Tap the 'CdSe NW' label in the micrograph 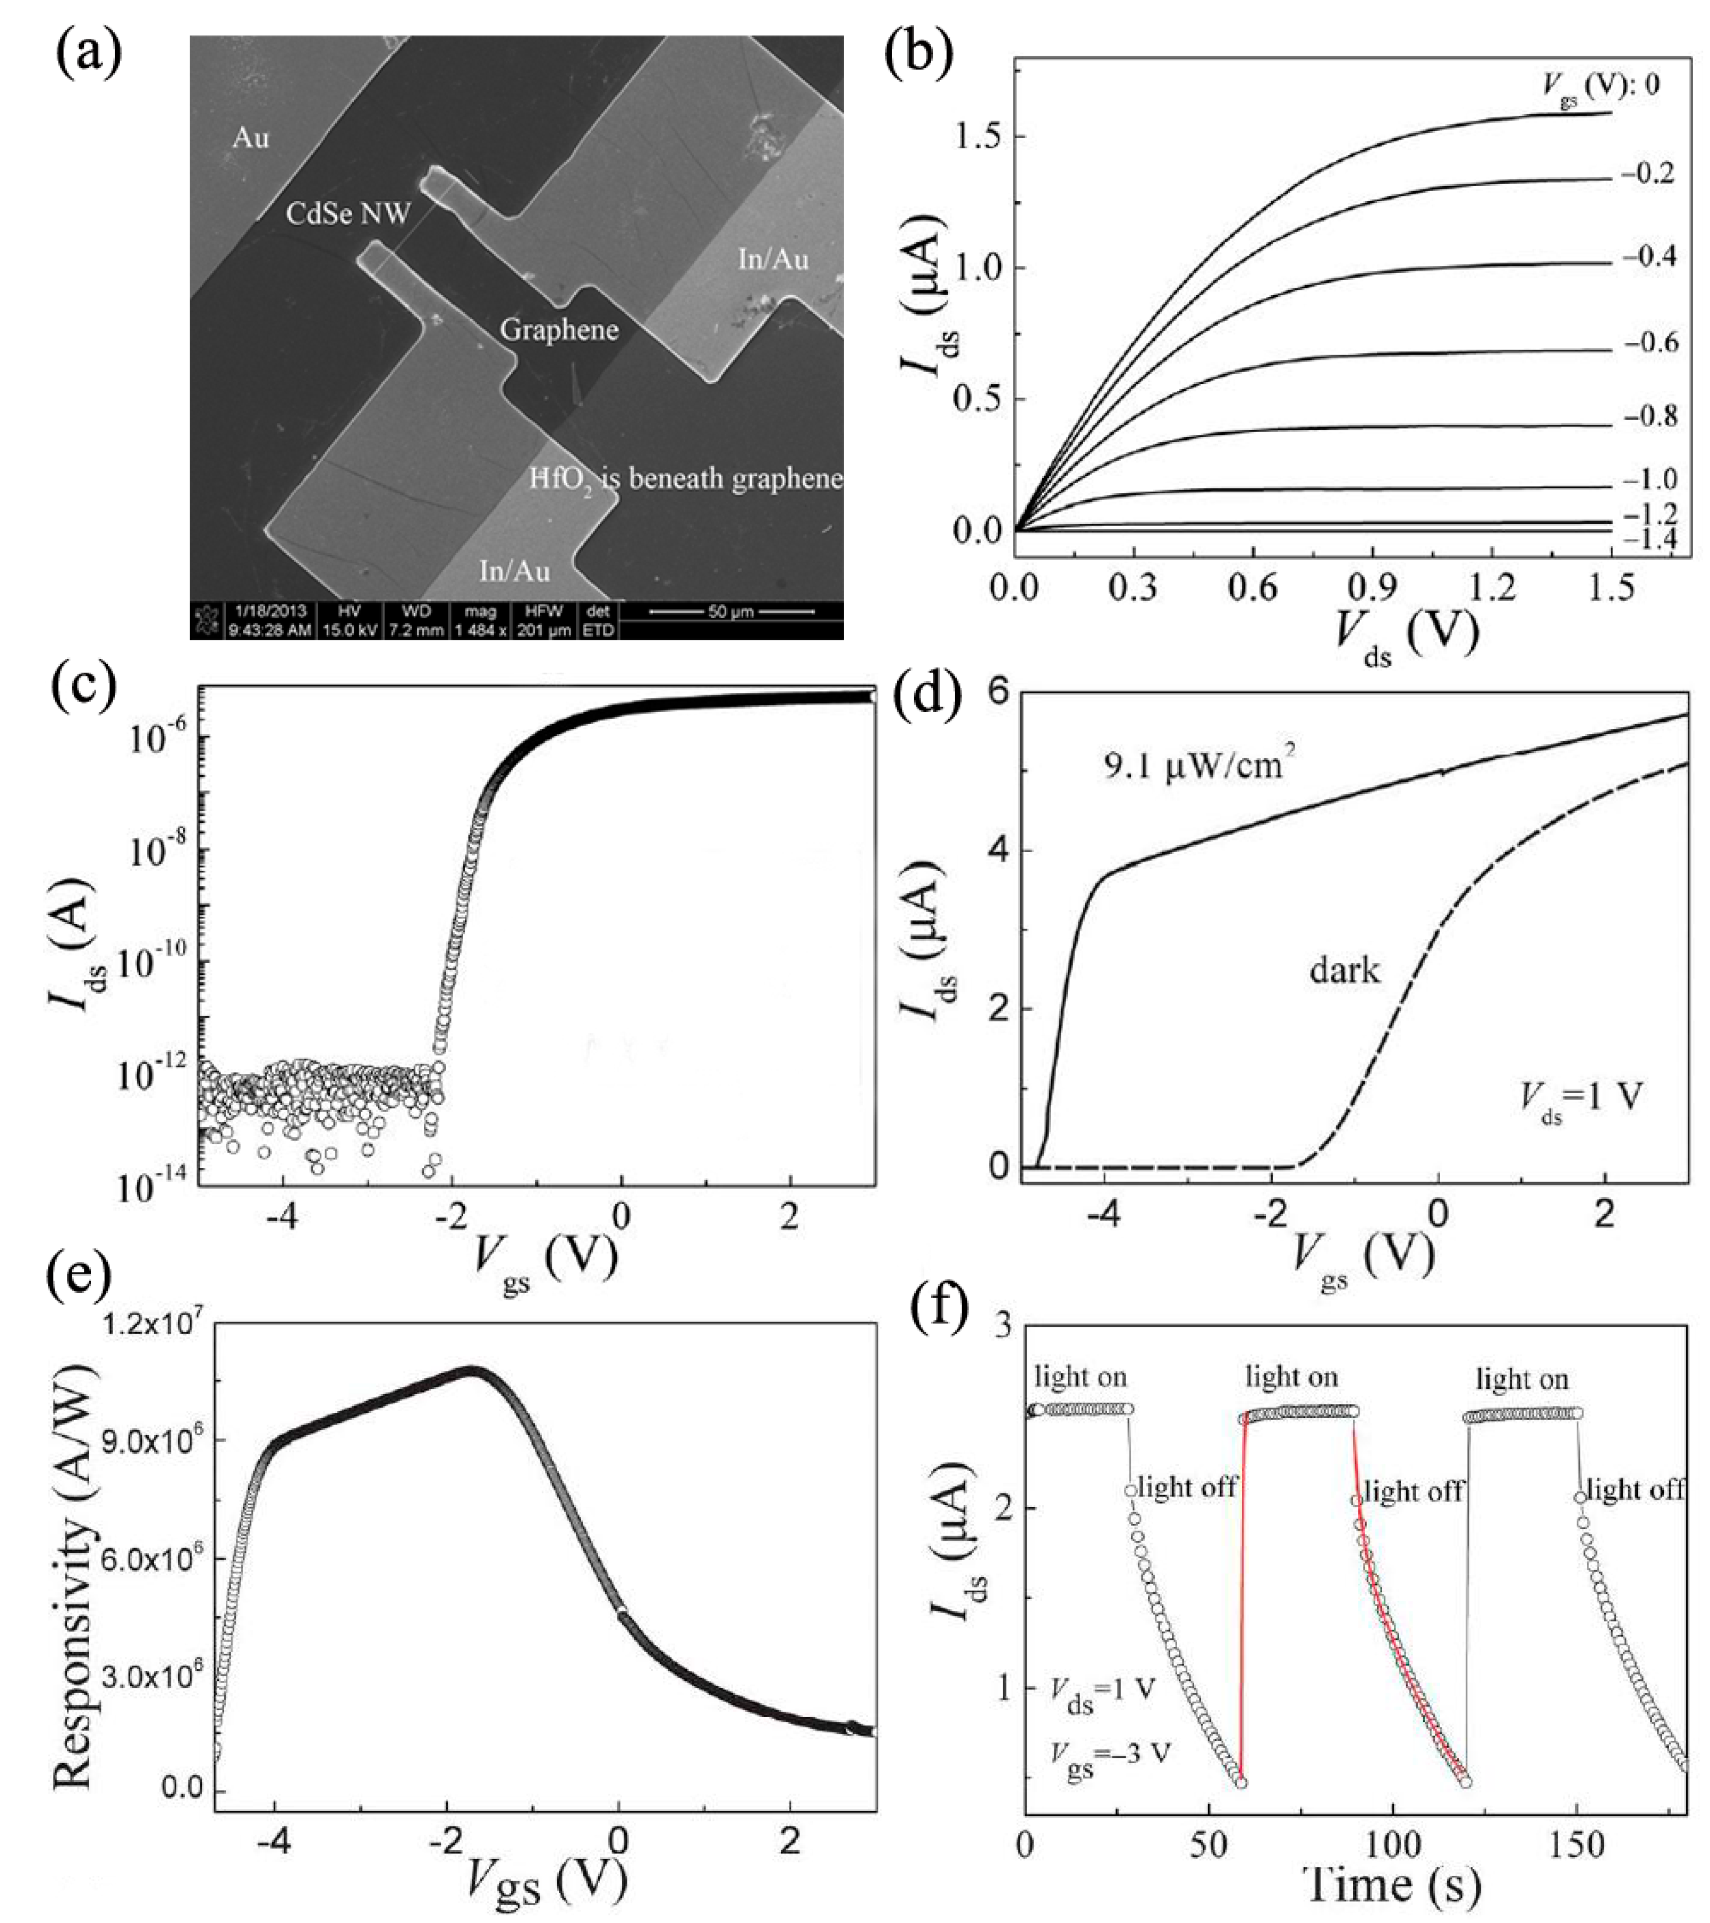point(348,214)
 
